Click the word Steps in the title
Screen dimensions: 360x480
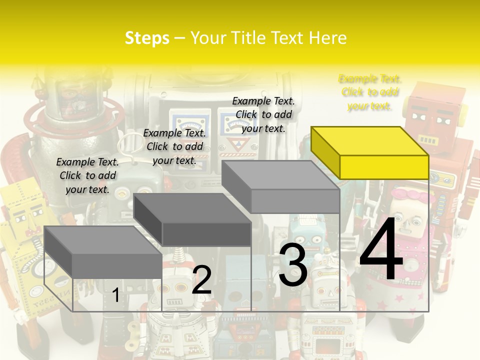147,38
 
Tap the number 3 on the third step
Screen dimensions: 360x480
293,265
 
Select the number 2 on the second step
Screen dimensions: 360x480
201,280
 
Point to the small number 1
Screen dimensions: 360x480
115,295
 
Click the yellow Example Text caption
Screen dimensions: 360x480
370,92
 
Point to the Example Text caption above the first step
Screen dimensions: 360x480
87,175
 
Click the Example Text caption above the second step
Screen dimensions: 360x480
174,146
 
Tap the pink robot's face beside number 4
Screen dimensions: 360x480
411,217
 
